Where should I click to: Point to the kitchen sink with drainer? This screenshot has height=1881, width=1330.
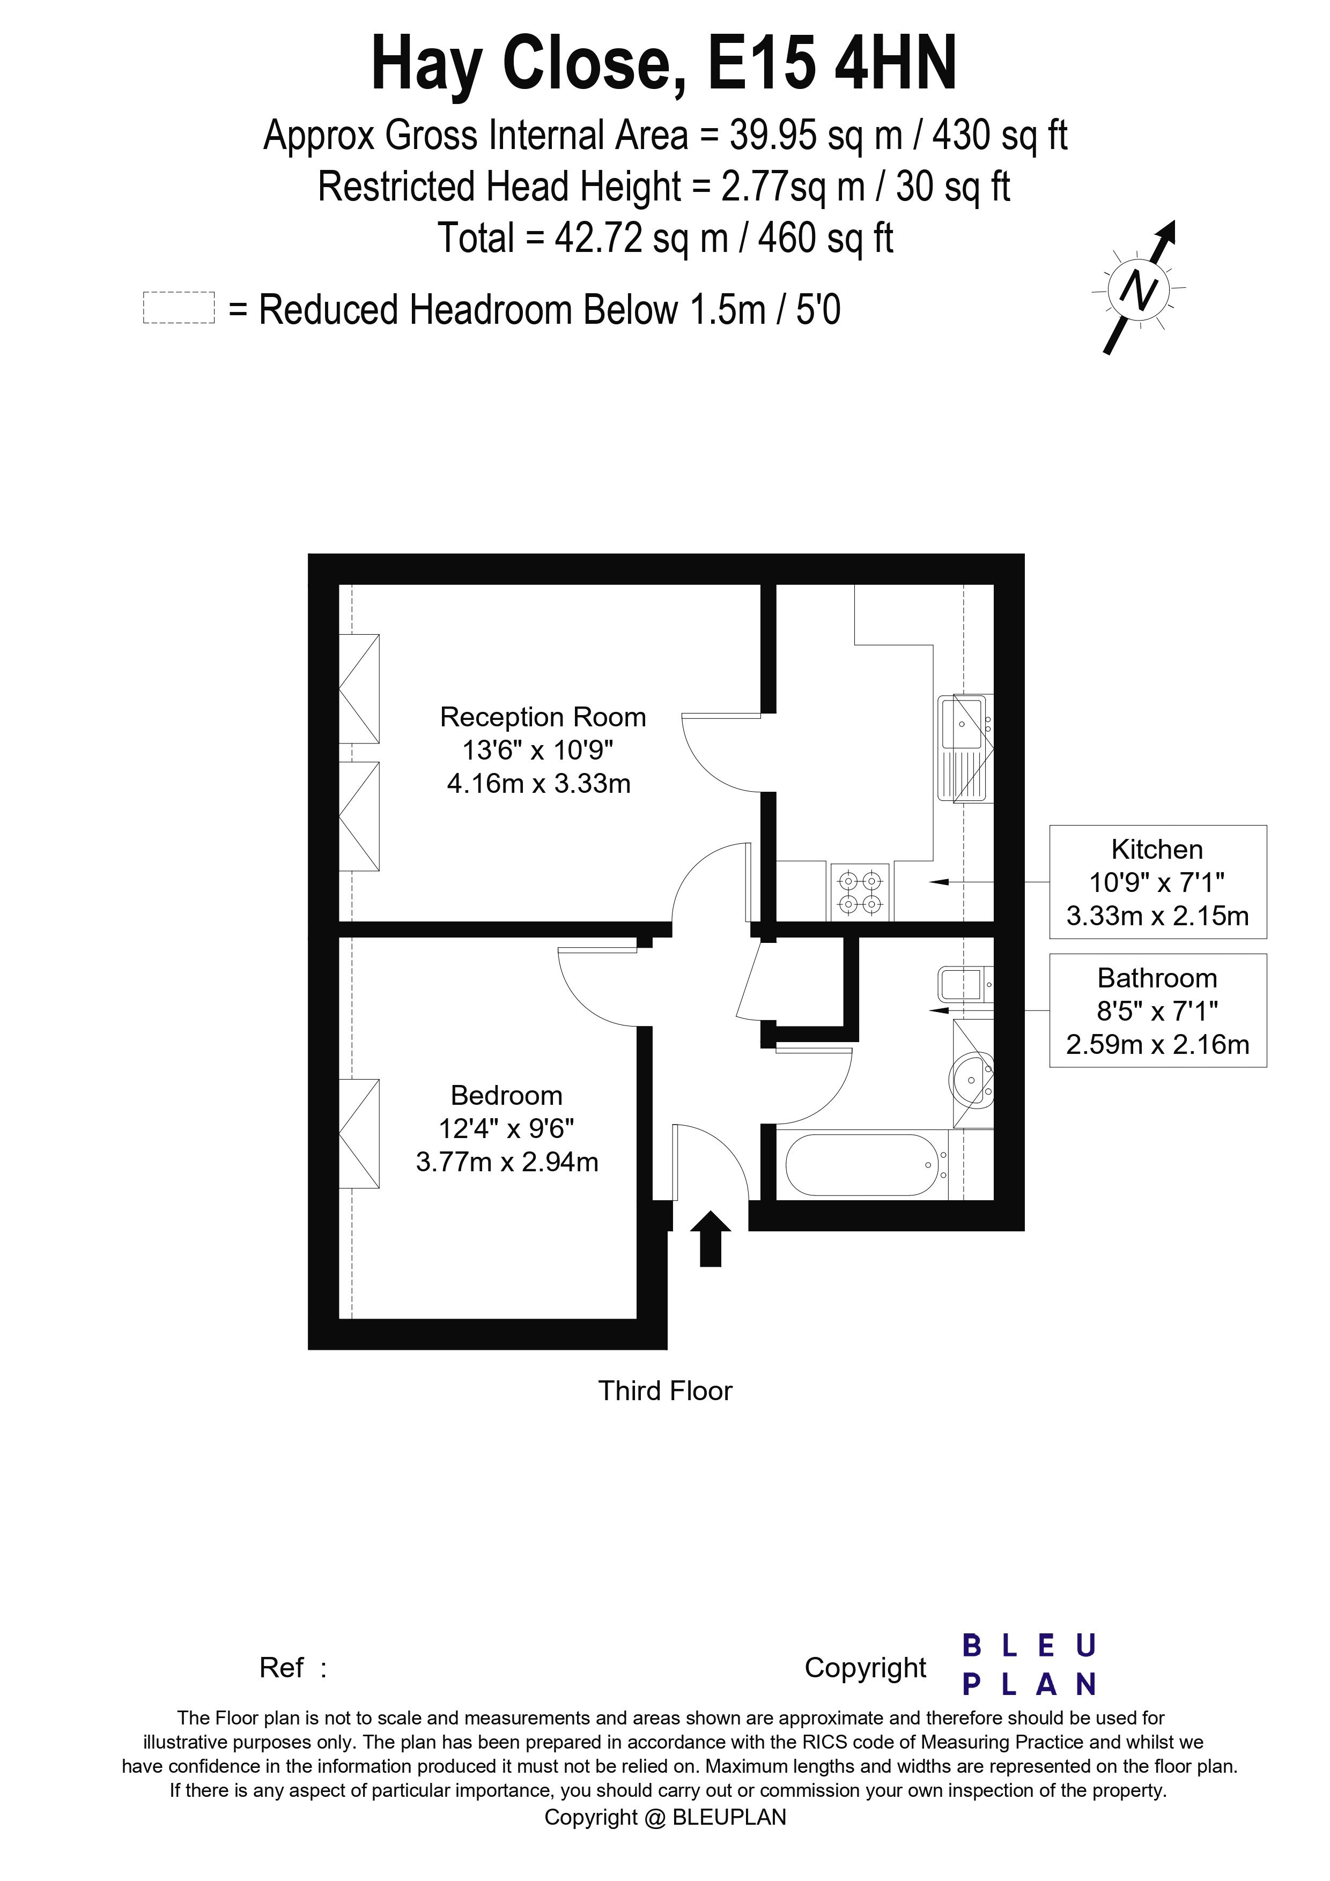(x=965, y=748)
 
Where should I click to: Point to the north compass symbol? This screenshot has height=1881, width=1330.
(x=1140, y=288)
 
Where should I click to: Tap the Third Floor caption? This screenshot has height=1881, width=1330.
(x=664, y=1391)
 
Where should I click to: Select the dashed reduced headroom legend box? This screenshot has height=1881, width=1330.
(x=179, y=308)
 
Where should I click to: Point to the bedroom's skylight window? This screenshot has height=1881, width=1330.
(x=359, y=1133)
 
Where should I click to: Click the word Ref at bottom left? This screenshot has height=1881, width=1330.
(x=281, y=1667)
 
